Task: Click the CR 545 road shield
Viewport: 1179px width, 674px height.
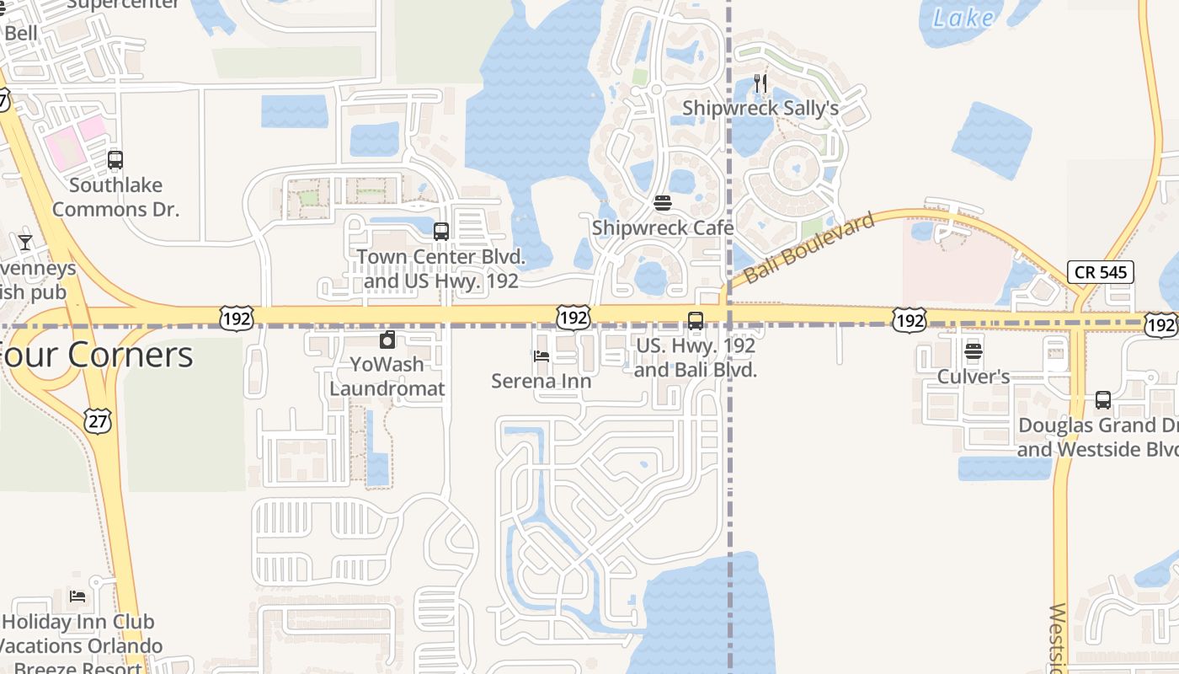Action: [x=1100, y=272]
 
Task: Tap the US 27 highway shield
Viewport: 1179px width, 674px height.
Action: [x=98, y=421]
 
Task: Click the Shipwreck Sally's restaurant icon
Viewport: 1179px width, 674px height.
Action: [x=760, y=83]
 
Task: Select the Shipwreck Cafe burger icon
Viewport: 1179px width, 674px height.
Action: [x=662, y=203]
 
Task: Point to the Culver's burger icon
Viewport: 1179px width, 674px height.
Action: [x=974, y=351]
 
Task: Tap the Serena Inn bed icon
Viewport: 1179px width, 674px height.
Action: [x=541, y=356]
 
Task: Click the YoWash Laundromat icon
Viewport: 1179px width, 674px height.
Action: [x=387, y=340]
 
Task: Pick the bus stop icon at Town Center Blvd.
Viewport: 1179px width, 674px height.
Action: [x=440, y=231]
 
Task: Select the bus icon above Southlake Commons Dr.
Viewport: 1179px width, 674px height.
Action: [x=115, y=159]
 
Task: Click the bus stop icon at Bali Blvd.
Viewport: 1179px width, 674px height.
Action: [x=695, y=320]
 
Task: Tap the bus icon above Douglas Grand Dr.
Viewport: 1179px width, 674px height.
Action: [x=1102, y=400]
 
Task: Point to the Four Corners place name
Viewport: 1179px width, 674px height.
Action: [x=97, y=355]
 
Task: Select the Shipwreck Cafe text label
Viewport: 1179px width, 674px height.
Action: [x=662, y=228]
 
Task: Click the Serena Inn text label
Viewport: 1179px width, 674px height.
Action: [x=541, y=382]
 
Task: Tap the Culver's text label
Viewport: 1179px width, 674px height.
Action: [x=974, y=377]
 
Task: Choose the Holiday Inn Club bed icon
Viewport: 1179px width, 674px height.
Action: [x=77, y=596]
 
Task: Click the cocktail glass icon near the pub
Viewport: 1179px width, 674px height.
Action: [x=25, y=243]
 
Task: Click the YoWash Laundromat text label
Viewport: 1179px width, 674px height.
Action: [x=387, y=377]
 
